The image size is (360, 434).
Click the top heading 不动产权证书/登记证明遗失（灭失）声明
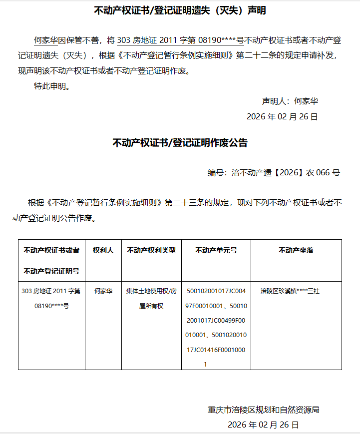point(180,10)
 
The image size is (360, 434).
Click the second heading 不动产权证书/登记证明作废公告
point(180,143)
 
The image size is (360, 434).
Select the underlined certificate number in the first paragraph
point(180,40)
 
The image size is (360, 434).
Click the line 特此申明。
point(52,86)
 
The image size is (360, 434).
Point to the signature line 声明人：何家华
point(290,101)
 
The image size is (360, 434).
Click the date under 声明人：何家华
point(282,117)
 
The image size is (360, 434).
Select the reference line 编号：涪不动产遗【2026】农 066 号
point(274,173)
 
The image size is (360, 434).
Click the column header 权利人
point(103,250)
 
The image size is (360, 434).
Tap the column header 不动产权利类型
point(151,250)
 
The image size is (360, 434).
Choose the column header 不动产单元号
point(216,250)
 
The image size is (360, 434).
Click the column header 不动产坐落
point(296,250)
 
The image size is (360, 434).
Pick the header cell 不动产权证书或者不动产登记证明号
point(51,261)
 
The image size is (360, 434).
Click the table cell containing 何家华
point(103,291)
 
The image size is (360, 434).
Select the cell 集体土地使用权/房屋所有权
point(151,298)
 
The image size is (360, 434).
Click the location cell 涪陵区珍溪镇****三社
point(290,291)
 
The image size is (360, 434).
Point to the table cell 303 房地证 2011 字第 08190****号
point(51,298)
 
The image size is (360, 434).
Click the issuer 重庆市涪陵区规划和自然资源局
point(263,410)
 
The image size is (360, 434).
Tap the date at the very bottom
point(263,425)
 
